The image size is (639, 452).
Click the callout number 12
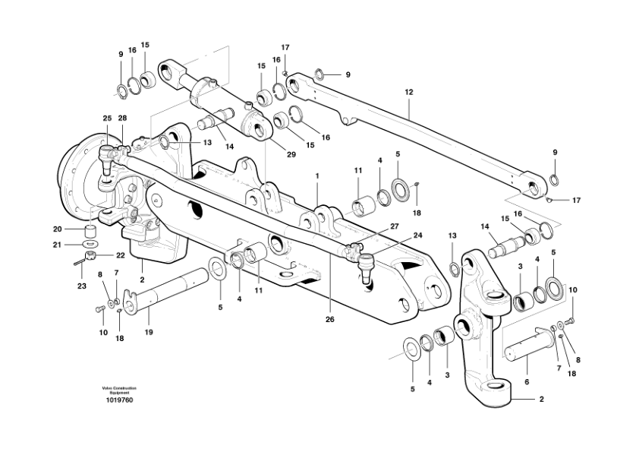(x=409, y=92)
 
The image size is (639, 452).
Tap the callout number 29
(x=291, y=155)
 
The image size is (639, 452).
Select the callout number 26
(x=329, y=319)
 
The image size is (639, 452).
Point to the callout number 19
(x=149, y=332)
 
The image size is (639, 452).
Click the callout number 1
(x=317, y=176)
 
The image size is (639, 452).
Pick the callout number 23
(x=82, y=286)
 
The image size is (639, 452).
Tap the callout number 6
(x=527, y=382)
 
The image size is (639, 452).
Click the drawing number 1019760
(x=119, y=400)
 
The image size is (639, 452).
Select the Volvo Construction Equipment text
(x=119, y=390)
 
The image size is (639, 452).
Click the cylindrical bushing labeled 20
(x=91, y=231)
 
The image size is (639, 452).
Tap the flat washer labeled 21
(x=90, y=244)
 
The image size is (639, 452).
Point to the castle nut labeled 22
(x=90, y=256)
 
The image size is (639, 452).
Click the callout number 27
(x=394, y=226)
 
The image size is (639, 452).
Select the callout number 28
(x=122, y=118)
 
